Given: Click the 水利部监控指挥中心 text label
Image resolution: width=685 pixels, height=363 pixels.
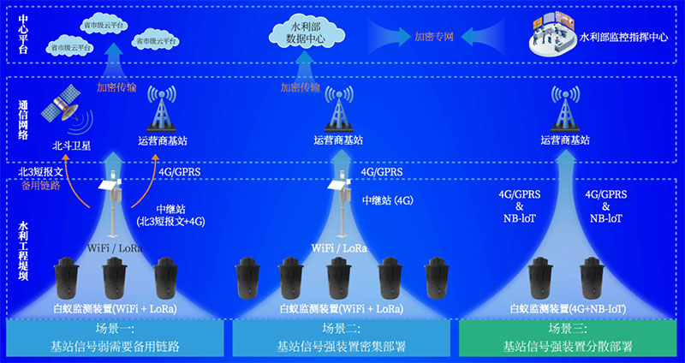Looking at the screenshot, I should pyautogui.click(x=623, y=38).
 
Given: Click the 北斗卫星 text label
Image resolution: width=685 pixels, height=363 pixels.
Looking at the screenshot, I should pyautogui.click(x=68, y=144).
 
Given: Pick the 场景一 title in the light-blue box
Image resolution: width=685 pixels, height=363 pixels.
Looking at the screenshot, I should pyautogui.click(x=115, y=330).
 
